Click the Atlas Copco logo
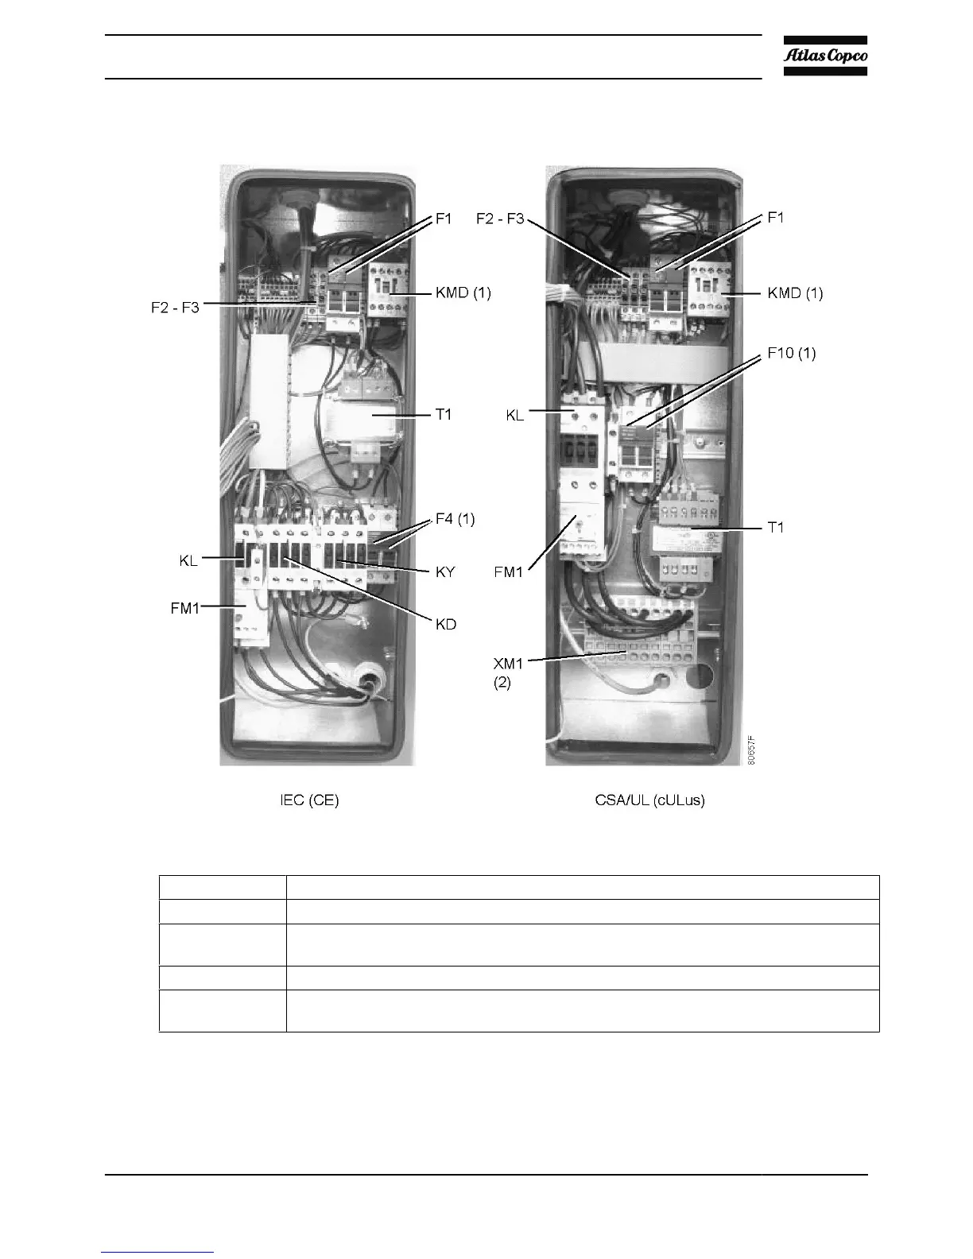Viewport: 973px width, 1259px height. point(825,56)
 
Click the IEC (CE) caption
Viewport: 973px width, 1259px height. point(309,800)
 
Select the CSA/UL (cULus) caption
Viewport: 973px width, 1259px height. point(649,800)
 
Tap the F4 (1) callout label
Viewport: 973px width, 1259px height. point(455,519)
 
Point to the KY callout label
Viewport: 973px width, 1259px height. point(445,571)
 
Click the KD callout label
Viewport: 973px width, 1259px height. point(446,624)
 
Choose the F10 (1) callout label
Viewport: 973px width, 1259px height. point(791,352)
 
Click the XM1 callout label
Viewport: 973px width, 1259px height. point(509,662)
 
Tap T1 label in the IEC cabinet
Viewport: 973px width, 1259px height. point(443,414)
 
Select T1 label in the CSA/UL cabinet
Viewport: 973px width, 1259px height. point(775,527)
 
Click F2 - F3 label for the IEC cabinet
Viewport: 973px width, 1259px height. point(175,308)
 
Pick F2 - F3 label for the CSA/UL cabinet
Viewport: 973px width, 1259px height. point(500,219)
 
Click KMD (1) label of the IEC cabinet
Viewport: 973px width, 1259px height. point(463,292)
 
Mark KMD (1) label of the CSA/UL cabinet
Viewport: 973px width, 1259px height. point(795,292)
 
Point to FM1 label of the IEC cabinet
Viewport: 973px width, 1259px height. point(184,608)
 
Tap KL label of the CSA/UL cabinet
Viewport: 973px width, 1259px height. point(515,415)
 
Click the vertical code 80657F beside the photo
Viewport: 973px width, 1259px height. point(751,749)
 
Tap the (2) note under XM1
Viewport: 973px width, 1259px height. point(502,683)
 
